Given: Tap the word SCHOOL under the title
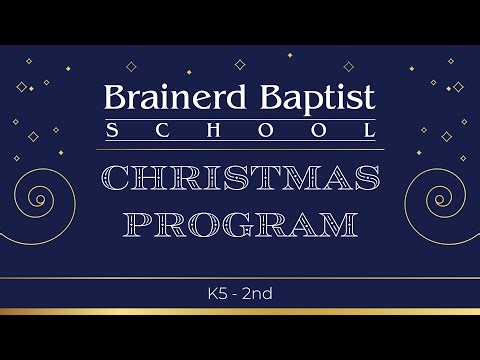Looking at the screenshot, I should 240,131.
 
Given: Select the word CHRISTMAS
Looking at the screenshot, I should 240,178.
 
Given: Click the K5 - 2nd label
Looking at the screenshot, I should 240,294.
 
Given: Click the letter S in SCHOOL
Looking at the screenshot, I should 111,131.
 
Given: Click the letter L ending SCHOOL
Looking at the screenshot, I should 370,131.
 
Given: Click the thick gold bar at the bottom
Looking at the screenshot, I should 240,312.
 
